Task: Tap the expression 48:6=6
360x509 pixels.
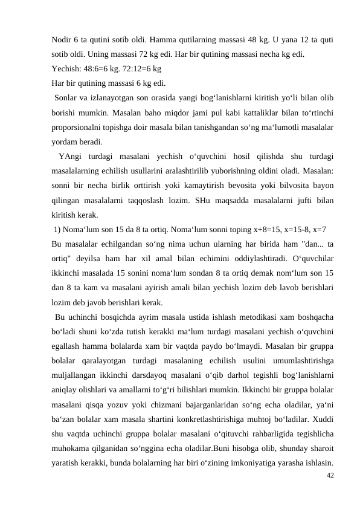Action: click(x=99, y=69)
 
